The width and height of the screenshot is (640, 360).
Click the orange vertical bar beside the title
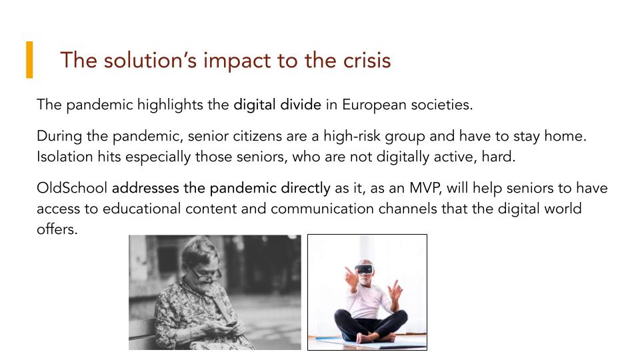tap(29, 59)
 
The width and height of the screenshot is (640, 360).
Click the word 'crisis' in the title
tap(367, 60)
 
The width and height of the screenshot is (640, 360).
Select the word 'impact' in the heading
tap(238, 61)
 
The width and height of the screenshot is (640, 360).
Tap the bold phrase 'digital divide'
tap(277, 105)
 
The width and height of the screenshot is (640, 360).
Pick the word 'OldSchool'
tap(72, 188)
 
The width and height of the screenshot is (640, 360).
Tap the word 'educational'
tap(141, 209)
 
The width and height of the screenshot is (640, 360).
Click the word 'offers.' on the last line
tap(57, 229)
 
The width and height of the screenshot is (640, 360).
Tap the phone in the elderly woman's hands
tap(231, 324)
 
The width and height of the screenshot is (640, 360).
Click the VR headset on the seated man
tap(364, 269)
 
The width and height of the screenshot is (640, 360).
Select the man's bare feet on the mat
tap(375, 337)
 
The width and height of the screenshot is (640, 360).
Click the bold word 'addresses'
tap(145, 188)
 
